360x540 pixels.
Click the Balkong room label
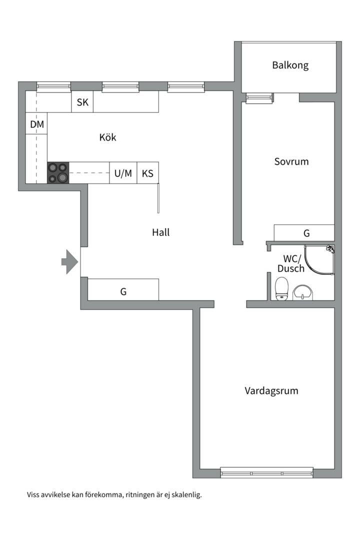[x=290, y=65]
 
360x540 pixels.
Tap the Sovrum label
[x=291, y=161]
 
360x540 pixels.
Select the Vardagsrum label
[x=271, y=390]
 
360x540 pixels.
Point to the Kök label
[x=107, y=137]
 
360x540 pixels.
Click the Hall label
[x=161, y=232]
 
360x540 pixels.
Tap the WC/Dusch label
[x=291, y=263]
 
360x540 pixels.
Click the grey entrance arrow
[x=69, y=261]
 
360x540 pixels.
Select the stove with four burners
[x=58, y=172]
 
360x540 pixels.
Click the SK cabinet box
[x=82, y=102]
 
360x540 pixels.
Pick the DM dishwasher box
[x=37, y=124]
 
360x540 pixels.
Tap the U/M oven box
[x=123, y=173]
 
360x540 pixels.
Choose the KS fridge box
[x=147, y=173]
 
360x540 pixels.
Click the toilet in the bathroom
[x=282, y=288]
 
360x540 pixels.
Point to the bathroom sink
[x=303, y=292]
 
